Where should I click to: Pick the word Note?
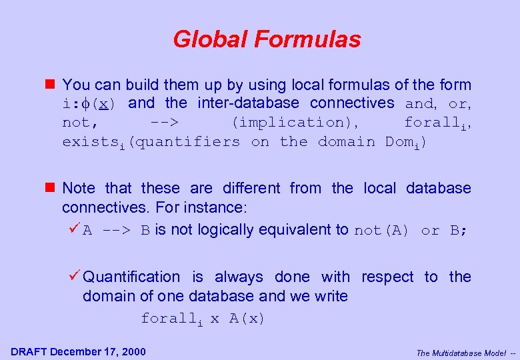(x=79, y=189)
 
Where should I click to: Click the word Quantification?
(x=131, y=277)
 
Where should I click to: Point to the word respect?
(x=387, y=277)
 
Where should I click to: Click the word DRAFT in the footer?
(x=29, y=351)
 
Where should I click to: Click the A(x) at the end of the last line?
(x=247, y=319)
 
